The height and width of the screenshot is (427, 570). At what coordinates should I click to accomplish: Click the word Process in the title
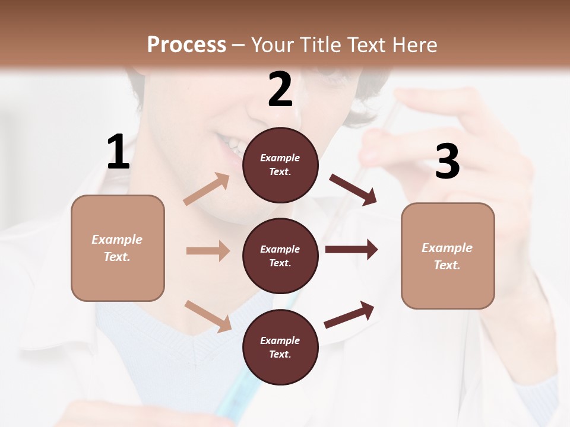(x=186, y=44)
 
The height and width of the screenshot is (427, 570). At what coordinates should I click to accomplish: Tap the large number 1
(x=118, y=152)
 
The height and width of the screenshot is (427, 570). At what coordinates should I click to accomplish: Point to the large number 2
(x=280, y=90)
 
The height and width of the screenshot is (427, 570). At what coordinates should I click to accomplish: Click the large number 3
(x=447, y=162)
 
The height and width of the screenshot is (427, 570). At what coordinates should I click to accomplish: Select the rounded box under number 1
(x=118, y=248)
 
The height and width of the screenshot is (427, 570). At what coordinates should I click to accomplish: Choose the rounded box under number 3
(x=448, y=256)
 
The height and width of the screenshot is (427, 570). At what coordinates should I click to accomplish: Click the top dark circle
(x=280, y=165)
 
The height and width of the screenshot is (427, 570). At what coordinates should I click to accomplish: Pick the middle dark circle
(x=280, y=256)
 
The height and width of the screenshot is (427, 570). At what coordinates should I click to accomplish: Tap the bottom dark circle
(x=280, y=347)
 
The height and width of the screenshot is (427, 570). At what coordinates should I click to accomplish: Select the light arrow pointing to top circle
(x=207, y=189)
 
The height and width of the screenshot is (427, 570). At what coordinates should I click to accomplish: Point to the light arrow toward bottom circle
(x=208, y=316)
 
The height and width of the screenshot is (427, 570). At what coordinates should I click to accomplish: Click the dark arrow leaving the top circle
(x=353, y=189)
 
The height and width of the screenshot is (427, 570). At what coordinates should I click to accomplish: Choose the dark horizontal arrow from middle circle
(x=351, y=249)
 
